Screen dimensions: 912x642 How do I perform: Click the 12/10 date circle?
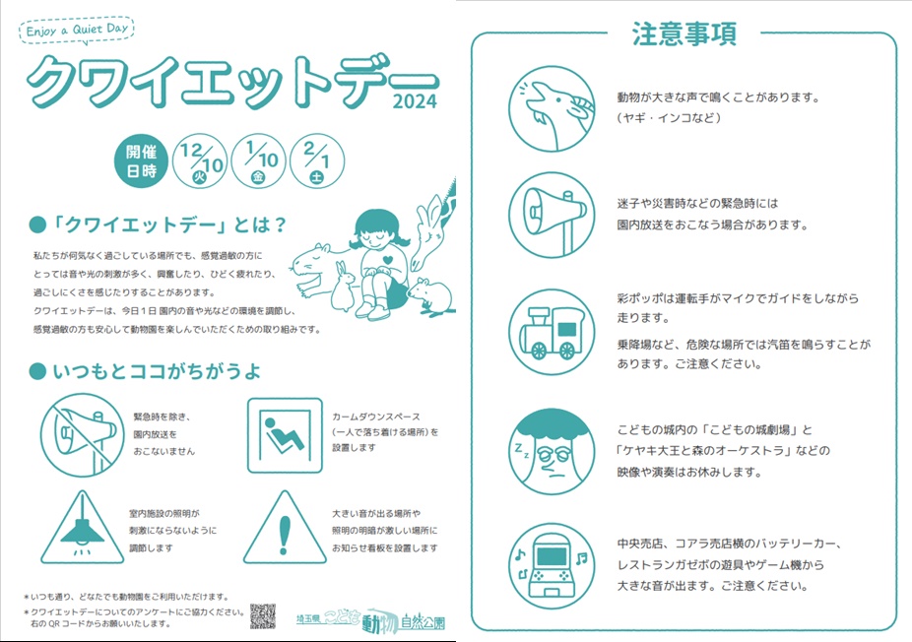click(200, 161)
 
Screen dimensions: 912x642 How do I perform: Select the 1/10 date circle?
click(258, 161)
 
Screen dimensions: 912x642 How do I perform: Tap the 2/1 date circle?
click(316, 161)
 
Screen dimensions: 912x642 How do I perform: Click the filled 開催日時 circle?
click(142, 161)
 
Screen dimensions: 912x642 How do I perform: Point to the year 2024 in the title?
click(415, 101)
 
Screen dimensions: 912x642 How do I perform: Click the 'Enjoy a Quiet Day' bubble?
click(77, 30)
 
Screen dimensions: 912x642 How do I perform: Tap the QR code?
click(263, 615)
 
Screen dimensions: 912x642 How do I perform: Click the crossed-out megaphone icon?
click(82, 435)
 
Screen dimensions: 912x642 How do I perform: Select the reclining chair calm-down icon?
click(285, 435)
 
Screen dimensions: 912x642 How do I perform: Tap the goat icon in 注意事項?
click(552, 108)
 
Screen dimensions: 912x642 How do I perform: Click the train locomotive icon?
click(552, 332)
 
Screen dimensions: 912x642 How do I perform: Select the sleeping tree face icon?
click(552, 451)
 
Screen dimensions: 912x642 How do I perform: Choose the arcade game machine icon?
click(552, 566)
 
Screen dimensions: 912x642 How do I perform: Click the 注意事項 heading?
click(684, 33)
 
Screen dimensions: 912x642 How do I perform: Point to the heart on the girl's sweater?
click(388, 261)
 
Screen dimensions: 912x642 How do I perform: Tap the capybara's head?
click(310, 261)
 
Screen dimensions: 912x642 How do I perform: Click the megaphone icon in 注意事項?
click(552, 216)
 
